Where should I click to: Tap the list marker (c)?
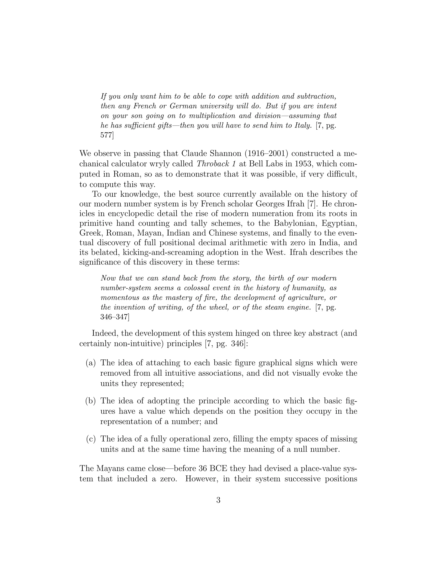coord(91,439)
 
